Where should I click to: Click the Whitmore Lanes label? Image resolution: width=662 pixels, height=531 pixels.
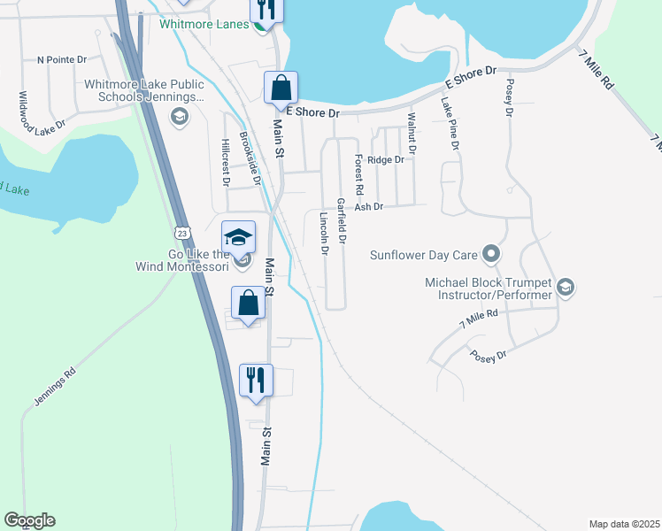pos(204,24)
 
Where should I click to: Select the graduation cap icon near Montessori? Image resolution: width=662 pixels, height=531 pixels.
pos(238,236)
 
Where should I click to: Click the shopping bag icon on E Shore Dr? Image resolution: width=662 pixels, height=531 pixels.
pos(281,88)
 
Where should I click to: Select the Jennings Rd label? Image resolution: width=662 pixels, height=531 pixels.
pos(56,387)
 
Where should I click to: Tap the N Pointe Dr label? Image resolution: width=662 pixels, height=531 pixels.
pos(62,60)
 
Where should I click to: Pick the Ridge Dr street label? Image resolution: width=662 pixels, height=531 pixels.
pos(386,160)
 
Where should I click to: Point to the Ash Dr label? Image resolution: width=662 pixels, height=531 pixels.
pos(368,206)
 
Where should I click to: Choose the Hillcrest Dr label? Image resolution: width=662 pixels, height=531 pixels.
pos(226,163)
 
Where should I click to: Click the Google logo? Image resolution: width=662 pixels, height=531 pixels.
pos(29,520)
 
